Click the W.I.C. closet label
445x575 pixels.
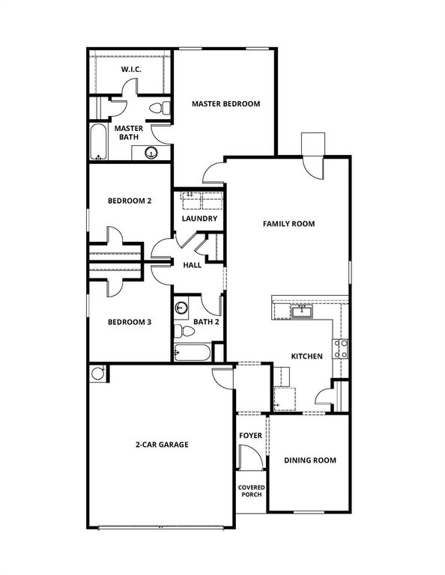click(132, 70)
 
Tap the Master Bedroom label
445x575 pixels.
click(225, 104)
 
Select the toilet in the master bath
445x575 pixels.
click(156, 109)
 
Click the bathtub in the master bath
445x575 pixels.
click(98, 142)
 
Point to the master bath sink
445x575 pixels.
click(151, 153)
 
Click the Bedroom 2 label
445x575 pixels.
click(130, 201)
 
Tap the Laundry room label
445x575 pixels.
click(200, 219)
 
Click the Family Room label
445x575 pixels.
click(288, 224)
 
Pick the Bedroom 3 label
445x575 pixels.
click(130, 322)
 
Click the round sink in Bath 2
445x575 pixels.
click(181, 307)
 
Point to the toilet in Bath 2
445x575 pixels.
click(180, 330)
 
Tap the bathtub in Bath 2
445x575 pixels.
click(193, 352)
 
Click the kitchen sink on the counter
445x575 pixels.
click(303, 311)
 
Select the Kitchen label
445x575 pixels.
click(307, 356)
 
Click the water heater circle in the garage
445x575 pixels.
click(97, 373)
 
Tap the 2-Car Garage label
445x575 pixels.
click(162, 445)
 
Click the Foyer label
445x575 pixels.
click(250, 435)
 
